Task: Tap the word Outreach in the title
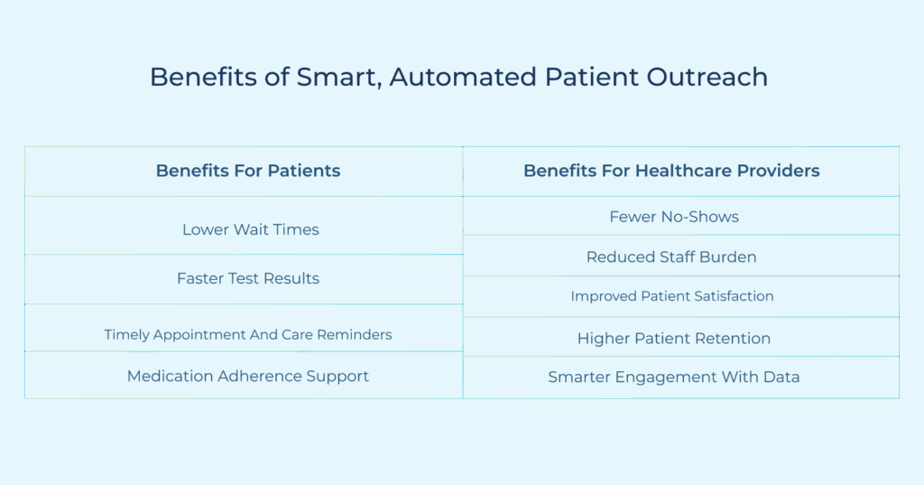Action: pyautogui.click(x=707, y=78)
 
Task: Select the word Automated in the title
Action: pyautogui.click(x=464, y=78)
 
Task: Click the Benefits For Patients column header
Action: pyautogui.click(x=248, y=171)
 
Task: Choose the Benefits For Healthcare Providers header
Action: pyautogui.click(x=671, y=171)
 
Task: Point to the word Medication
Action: pyautogui.click(x=170, y=377)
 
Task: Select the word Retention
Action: pyautogui.click(x=733, y=339)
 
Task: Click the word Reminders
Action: pyautogui.click(x=354, y=334)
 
